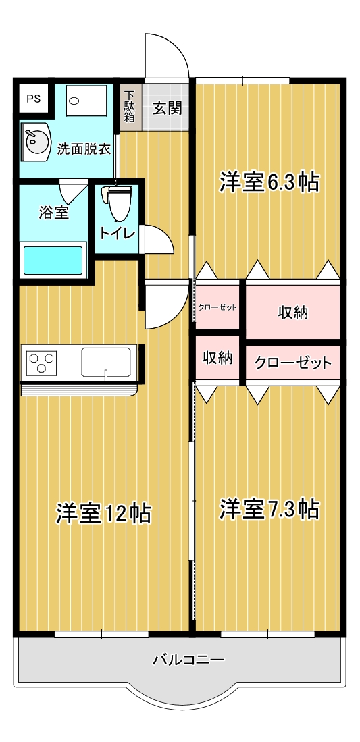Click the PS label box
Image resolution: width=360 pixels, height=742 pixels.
point(33,99)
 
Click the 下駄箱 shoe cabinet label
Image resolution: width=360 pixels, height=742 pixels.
point(129,107)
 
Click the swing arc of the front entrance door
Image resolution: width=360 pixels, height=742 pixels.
point(169,54)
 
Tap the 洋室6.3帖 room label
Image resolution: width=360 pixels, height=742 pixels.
point(269,182)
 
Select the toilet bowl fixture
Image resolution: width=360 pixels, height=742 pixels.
point(119,203)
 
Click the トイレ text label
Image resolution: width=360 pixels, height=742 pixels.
point(118,234)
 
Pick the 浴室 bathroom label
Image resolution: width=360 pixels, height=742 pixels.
point(53,212)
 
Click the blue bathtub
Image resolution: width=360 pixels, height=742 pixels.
point(53,261)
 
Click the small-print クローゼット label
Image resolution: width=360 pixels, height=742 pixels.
point(217,308)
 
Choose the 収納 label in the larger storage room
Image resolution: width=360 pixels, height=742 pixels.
point(292,312)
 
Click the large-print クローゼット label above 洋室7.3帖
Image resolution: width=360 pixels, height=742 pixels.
point(292,363)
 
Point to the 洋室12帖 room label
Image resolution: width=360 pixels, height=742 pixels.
point(103,513)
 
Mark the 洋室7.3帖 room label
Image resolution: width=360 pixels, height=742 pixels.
point(269,509)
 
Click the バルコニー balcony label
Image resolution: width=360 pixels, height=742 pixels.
point(179,660)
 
